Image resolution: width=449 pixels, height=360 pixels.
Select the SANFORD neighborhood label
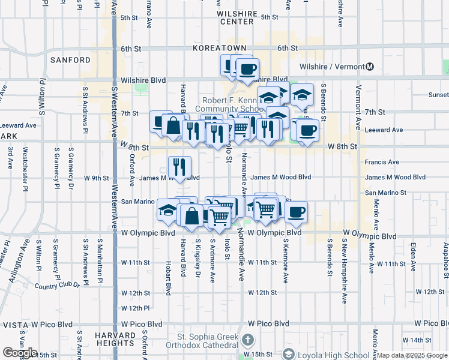click(x=71, y=60)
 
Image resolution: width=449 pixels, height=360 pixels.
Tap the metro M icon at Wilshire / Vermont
click(x=370, y=67)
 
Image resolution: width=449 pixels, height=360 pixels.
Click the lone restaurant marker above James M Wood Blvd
click(x=179, y=167)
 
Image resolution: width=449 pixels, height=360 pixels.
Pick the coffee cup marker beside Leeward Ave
click(x=307, y=130)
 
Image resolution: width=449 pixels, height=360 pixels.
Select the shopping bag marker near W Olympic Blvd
click(x=192, y=216)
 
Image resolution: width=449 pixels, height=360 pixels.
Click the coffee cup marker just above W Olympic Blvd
click(x=296, y=212)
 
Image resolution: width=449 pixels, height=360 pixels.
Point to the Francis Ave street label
click(x=382, y=162)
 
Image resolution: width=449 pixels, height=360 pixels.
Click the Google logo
click(x=20, y=353)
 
